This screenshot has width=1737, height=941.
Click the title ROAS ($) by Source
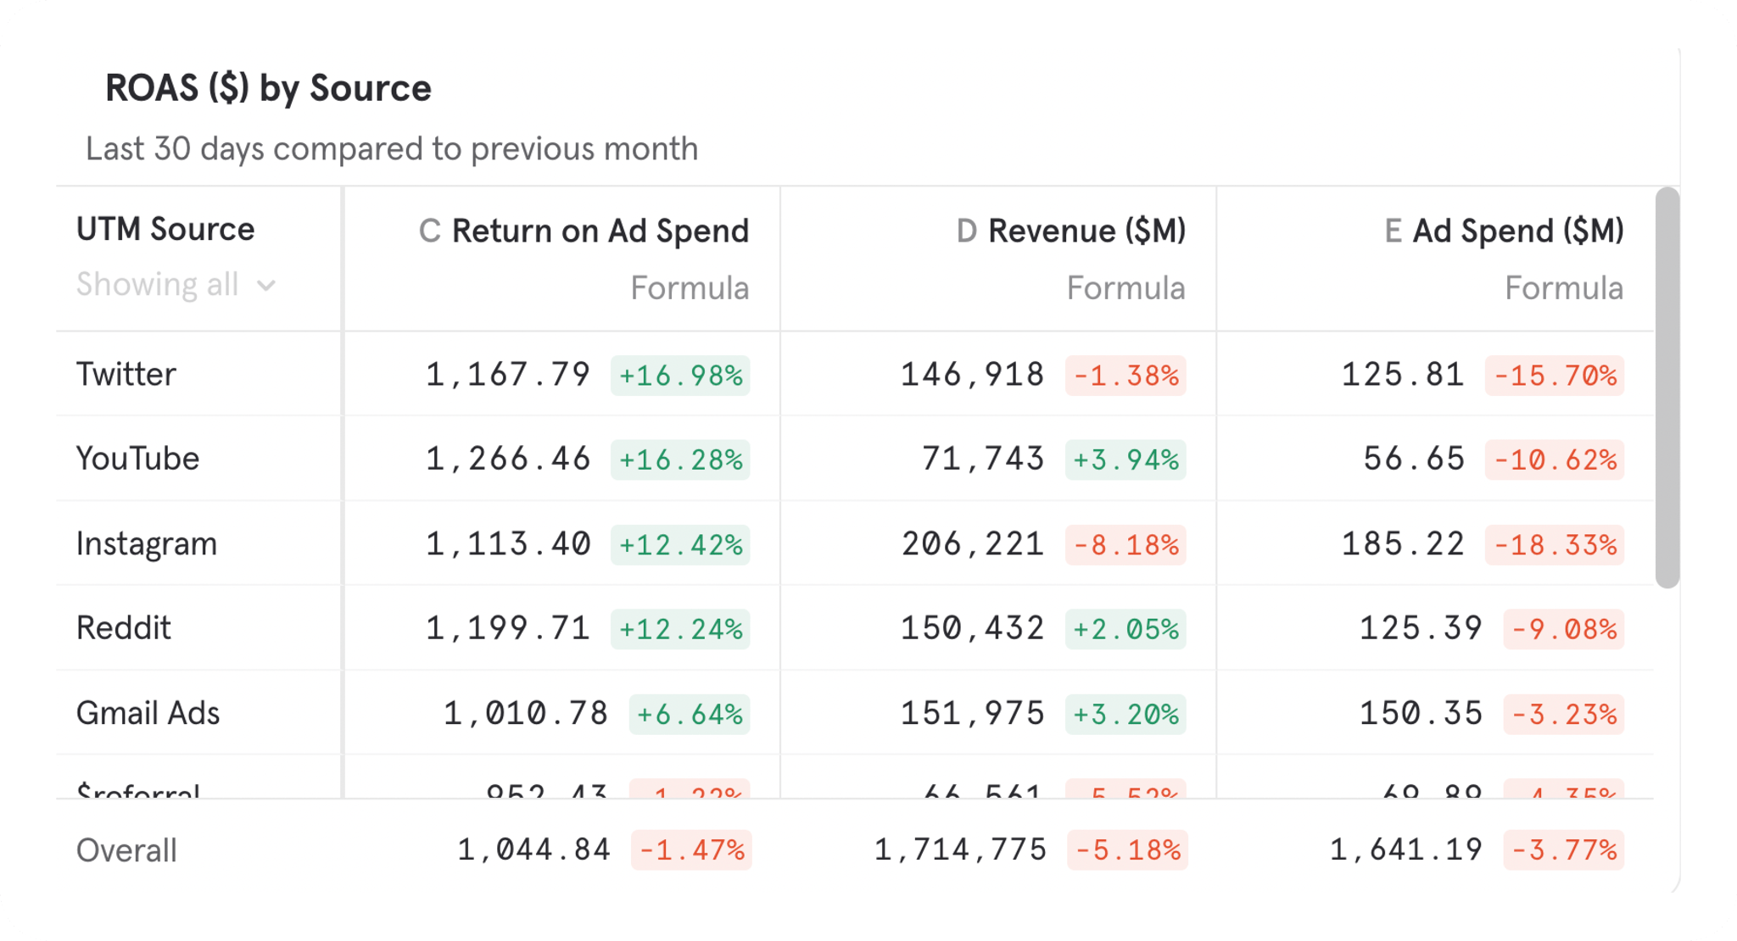(x=268, y=88)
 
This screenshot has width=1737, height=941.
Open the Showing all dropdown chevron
(x=266, y=286)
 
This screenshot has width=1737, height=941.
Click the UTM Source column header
(x=165, y=229)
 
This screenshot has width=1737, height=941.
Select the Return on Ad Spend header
(x=600, y=231)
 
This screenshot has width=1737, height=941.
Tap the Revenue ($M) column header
(x=1086, y=231)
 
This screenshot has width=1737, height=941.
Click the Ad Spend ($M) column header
(x=1517, y=231)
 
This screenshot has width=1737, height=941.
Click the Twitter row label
(x=126, y=374)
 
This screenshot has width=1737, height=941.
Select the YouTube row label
(x=137, y=459)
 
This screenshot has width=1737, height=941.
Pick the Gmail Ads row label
(x=148, y=713)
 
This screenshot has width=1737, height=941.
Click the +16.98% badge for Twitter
(x=680, y=376)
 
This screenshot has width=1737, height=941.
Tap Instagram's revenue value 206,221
(x=972, y=544)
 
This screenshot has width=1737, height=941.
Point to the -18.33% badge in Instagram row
(x=1554, y=544)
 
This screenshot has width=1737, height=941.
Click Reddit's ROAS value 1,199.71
(x=507, y=628)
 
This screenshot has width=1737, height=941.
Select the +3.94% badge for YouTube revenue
(x=1125, y=459)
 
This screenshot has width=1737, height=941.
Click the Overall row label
(x=126, y=850)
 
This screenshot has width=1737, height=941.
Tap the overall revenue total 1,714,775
(x=960, y=849)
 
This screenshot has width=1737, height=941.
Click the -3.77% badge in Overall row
(x=1564, y=849)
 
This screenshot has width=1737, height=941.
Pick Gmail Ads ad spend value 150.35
(x=1421, y=713)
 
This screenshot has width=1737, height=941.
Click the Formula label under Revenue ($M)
(x=1125, y=288)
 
